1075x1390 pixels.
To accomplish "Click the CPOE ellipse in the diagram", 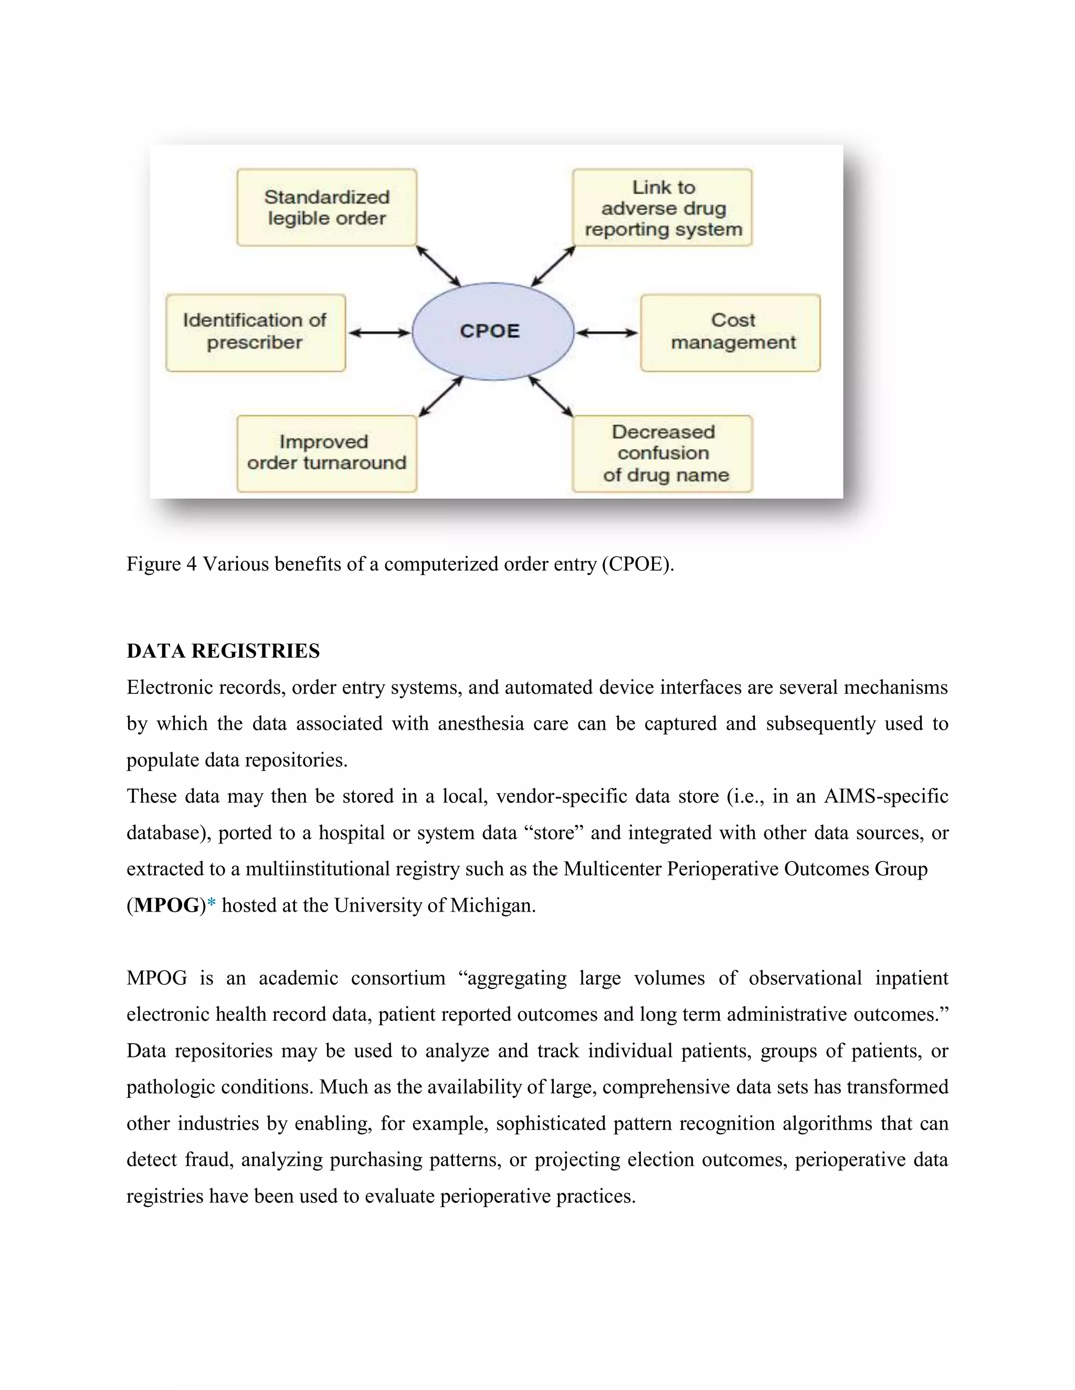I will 492,332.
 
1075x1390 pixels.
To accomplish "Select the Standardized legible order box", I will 326,208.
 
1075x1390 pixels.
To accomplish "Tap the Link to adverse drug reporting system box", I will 662,208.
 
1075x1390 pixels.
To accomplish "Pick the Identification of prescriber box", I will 256,332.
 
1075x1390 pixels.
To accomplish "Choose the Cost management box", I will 731,332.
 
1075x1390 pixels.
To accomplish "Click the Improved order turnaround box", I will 326,453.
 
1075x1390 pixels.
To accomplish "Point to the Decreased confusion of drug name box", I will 662,453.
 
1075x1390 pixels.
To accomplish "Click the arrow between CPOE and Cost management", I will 607,332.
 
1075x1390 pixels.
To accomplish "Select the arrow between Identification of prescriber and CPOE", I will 380,332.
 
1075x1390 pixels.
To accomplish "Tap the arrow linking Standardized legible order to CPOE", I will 438,266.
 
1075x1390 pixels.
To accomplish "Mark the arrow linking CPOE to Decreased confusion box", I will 551,397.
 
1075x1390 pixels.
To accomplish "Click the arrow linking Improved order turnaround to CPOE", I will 441,397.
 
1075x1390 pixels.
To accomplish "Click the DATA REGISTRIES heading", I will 223,651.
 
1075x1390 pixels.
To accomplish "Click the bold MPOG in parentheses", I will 167,905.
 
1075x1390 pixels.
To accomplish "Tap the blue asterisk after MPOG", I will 212,904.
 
